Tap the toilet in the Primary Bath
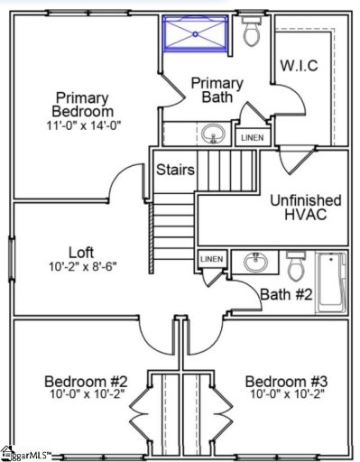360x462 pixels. pos(252,33)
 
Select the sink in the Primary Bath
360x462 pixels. pos(212,135)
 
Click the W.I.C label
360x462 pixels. pos(299,65)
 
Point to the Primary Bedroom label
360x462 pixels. pos(83,104)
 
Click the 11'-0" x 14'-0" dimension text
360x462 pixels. pos(83,126)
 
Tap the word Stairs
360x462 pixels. pos(176,169)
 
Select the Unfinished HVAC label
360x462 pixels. pos(306,208)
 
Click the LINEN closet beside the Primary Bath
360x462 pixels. pos(250,137)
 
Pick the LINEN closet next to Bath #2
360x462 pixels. pos(211,260)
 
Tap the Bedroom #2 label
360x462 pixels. pos(87,381)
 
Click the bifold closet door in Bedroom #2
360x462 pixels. pos(140,419)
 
